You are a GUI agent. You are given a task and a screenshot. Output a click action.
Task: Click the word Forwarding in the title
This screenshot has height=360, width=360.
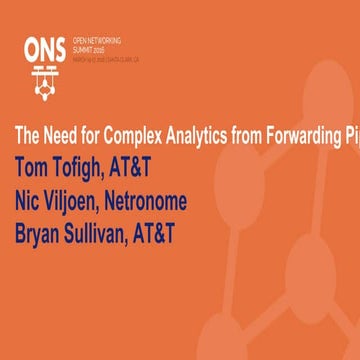(x=293, y=136)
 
